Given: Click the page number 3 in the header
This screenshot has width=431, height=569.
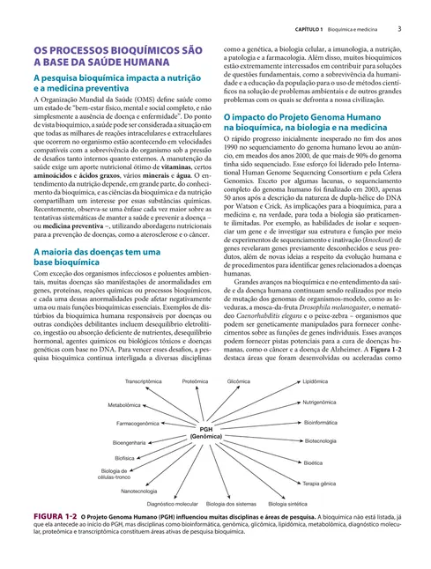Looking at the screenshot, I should pos(399,29).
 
